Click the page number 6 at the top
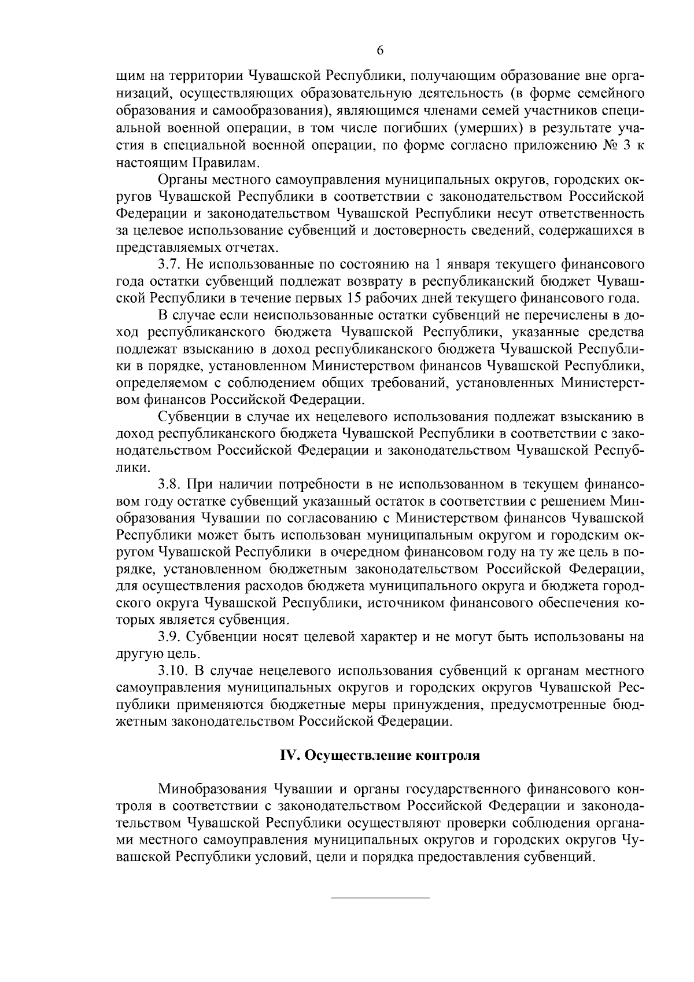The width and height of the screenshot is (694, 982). pos(380,50)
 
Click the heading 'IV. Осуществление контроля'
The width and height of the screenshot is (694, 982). pos(380,756)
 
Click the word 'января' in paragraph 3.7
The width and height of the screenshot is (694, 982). pos(467,265)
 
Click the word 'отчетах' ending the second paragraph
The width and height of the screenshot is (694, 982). pos(250,248)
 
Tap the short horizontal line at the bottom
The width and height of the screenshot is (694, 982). pos(380,898)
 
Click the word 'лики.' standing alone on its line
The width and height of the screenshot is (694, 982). pos(132,466)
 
